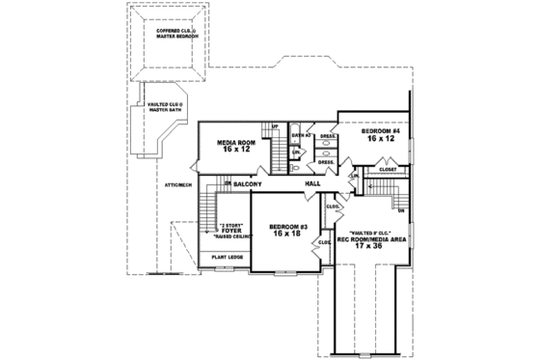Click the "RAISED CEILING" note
(231, 236)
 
